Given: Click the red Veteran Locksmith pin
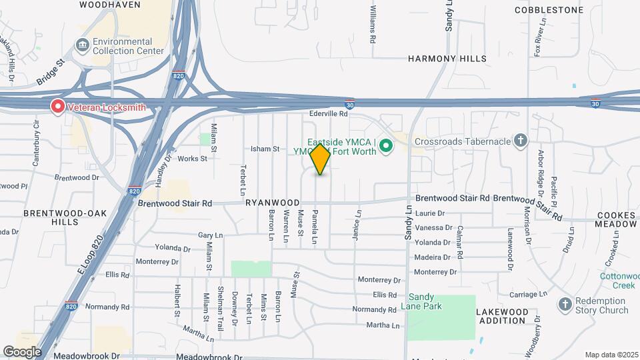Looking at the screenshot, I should click(58, 106).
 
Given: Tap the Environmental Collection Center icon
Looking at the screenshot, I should click(83, 45).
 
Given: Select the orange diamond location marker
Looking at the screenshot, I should click(321, 159).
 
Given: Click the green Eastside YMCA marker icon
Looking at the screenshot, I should click(385, 145).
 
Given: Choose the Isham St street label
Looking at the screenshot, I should click(264, 149).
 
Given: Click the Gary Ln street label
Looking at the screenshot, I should click(209, 235).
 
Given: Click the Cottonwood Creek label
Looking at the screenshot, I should click(618, 281).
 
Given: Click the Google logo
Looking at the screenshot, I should click(22, 352).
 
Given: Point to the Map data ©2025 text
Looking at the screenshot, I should click(611, 355).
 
